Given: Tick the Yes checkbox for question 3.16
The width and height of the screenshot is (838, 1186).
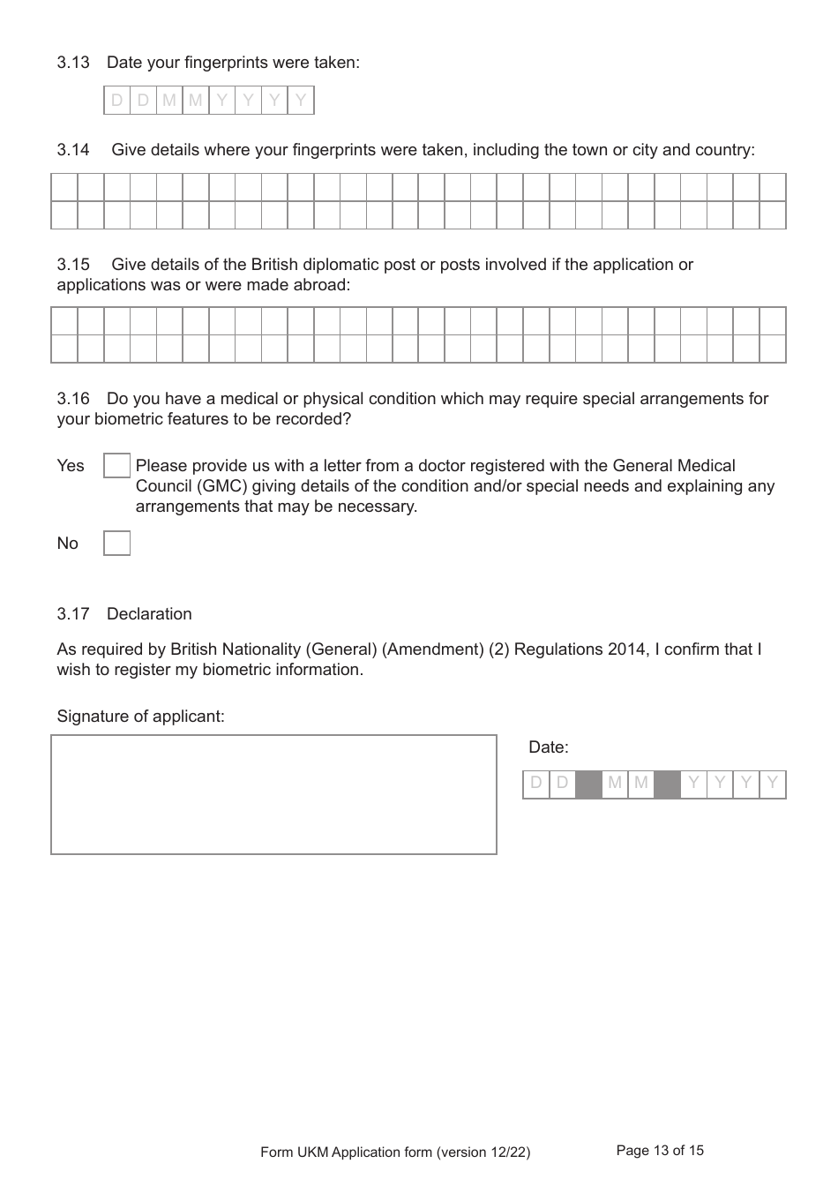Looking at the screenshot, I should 116,466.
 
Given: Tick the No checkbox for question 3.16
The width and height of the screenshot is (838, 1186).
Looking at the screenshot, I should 116,544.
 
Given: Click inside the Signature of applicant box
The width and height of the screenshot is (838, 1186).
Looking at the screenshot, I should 273,794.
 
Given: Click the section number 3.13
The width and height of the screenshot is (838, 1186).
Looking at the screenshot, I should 73,63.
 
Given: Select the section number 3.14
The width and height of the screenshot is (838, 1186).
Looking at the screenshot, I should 73,150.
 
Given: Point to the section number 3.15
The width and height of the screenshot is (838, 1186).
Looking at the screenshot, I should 73,265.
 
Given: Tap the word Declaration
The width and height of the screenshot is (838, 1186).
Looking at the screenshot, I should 149,614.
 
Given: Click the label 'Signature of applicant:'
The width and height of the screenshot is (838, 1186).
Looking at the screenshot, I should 140,717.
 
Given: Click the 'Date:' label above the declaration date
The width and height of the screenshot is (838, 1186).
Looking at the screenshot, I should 548,747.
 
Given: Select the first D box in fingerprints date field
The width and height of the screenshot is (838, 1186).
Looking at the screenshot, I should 116,101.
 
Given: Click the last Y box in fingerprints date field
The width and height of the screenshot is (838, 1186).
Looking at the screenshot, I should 301,101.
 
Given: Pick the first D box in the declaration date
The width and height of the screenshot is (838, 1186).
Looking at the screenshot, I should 535,784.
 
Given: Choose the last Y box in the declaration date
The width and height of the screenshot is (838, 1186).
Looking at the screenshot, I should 773,784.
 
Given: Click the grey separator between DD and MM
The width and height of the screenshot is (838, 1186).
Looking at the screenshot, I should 588,784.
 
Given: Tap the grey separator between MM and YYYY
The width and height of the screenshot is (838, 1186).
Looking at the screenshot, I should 668,784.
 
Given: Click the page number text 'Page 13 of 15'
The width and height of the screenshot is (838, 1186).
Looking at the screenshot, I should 660,1151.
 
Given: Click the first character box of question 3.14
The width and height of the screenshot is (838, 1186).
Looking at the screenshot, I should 64,187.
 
